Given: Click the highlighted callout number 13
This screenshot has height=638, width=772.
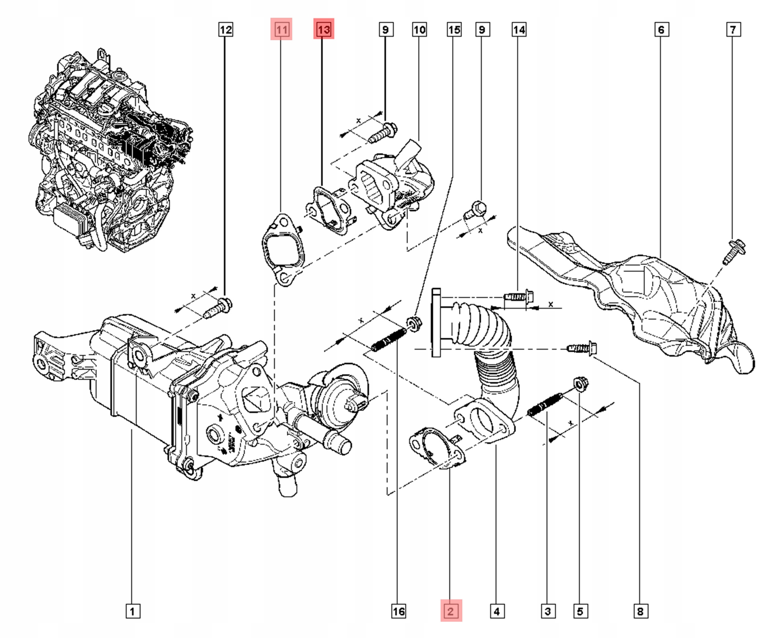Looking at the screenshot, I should coord(324,29).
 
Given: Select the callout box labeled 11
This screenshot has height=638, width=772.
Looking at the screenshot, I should coord(281,29).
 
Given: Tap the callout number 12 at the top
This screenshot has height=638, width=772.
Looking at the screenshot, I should coord(225,29).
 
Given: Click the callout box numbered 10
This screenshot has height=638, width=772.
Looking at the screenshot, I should coord(419,29).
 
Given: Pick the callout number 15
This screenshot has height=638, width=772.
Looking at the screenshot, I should coord(454,29).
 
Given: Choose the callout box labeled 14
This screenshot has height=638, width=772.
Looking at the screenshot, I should coord(519,29).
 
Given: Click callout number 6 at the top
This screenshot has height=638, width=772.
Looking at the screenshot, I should coord(661,29).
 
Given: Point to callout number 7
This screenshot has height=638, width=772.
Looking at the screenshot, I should coord(733,29).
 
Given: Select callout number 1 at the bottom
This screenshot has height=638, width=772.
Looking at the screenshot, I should coord(133,611).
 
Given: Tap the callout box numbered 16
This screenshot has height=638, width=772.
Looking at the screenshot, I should coord(398,611).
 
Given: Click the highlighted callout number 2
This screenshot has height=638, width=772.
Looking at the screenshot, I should coord(451,611).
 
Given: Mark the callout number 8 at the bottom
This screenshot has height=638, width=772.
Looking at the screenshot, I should coord(640,611).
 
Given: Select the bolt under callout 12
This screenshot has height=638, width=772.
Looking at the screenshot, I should coord(219,309).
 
